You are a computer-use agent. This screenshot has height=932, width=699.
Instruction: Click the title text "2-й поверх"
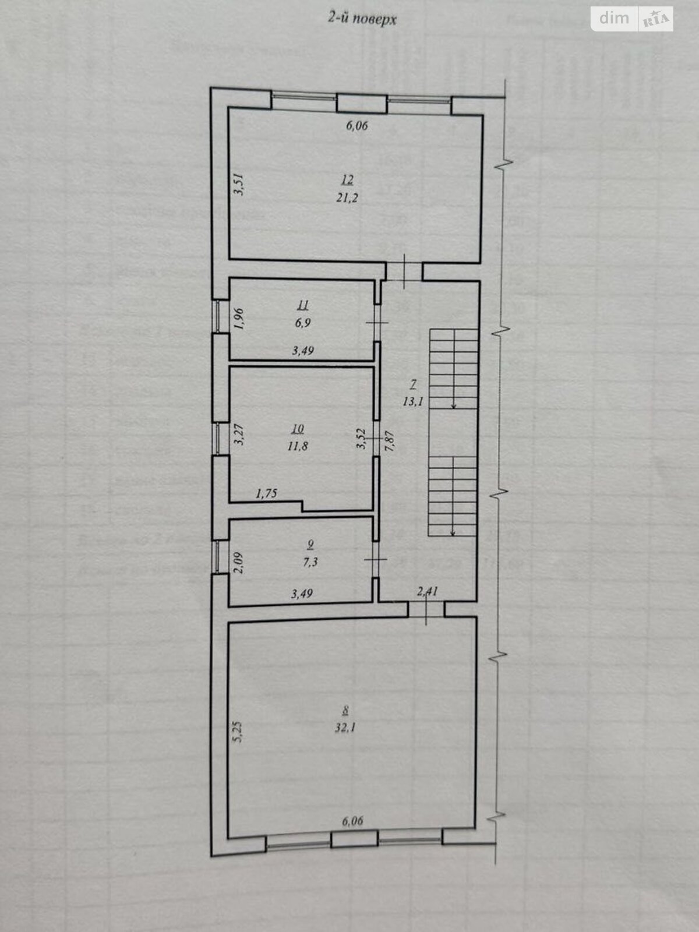coord(361,19)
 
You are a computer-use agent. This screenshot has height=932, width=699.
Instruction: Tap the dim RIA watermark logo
coord(632,19)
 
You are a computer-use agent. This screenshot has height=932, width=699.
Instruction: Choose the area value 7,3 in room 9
coord(310,563)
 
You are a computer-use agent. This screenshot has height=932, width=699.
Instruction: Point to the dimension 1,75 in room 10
coord(266,494)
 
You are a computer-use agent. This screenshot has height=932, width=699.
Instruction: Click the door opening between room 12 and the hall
coord(404,271)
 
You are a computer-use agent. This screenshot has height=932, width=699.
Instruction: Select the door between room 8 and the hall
coord(426,610)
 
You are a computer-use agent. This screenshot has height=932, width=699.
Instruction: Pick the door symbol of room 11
coord(376,325)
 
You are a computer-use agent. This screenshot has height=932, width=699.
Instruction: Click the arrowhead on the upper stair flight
coord(453,407)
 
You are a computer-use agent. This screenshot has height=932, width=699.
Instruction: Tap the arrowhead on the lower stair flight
coord(453,531)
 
